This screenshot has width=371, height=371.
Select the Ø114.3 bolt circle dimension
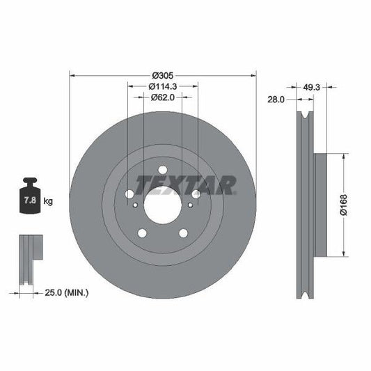(162, 86)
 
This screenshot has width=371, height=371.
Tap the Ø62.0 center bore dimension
(163, 98)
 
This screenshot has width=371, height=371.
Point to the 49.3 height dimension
(311, 87)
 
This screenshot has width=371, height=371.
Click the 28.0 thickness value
(276, 100)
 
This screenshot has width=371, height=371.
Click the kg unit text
(49, 202)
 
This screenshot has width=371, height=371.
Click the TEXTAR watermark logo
(185, 184)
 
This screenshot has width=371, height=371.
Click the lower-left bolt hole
(142, 234)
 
